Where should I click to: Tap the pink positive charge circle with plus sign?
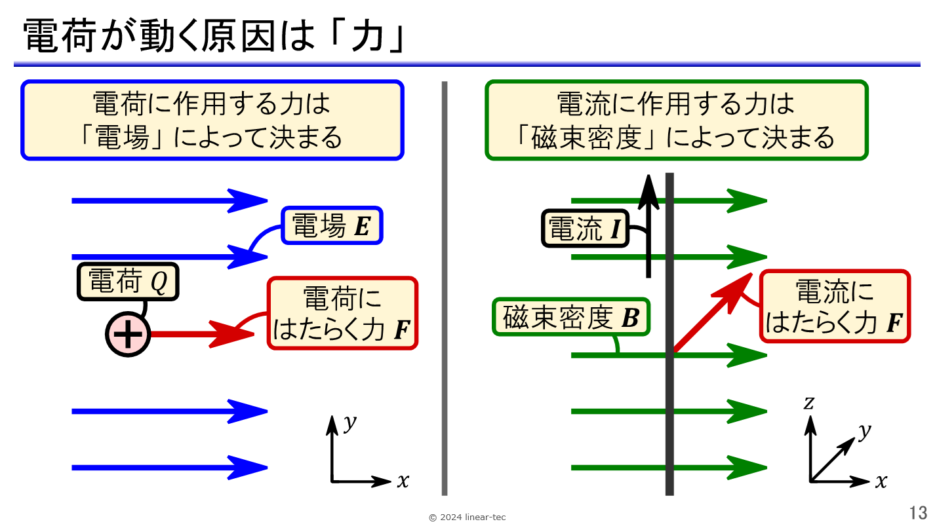click(x=129, y=334)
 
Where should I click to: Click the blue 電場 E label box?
click(x=332, y=226)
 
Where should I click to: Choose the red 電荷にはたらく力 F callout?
click(x=342, y=313)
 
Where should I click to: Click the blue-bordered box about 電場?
click(x=212, y=120)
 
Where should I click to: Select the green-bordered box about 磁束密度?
click(x=676, y=120)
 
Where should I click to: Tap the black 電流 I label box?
click(x=585, y=229)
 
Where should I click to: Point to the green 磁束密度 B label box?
click(x=571, y=318)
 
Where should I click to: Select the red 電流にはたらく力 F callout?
click(x=835, y=307)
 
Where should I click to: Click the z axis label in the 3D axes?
click(x=809, y=403)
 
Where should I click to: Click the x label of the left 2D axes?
click(x=403, y=481)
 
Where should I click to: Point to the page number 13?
click(x=918, y=512)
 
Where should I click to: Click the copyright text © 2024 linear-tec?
click(x=467, y=517)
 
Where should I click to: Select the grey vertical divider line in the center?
click(x=445, y=288)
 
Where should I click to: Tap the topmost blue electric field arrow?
click(x=169, y=200)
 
